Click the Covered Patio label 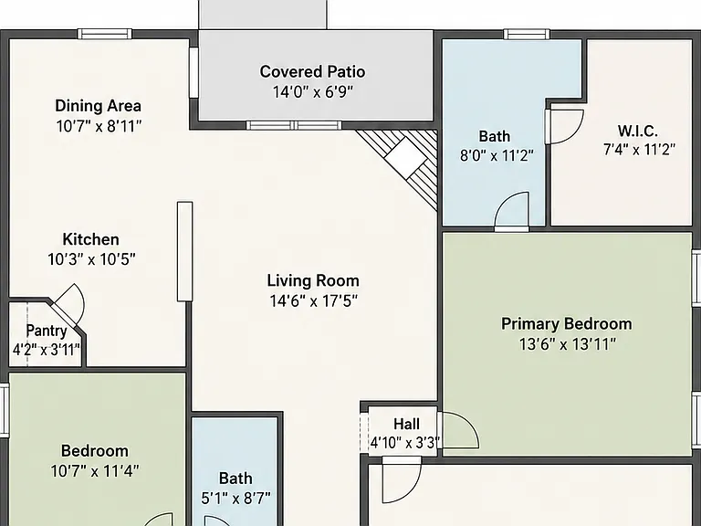312,71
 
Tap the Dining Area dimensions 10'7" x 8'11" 99,127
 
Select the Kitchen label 90,239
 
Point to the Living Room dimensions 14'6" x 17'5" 313,301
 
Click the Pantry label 47,331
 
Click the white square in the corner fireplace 405,157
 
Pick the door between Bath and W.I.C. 564,127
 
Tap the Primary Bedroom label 567,324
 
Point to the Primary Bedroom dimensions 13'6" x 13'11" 568,344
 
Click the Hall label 406,424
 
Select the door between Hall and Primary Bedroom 459,430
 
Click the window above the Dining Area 105,34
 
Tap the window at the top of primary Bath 527,34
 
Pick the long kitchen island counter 185,251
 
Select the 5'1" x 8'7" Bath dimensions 236,498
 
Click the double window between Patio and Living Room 294,125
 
